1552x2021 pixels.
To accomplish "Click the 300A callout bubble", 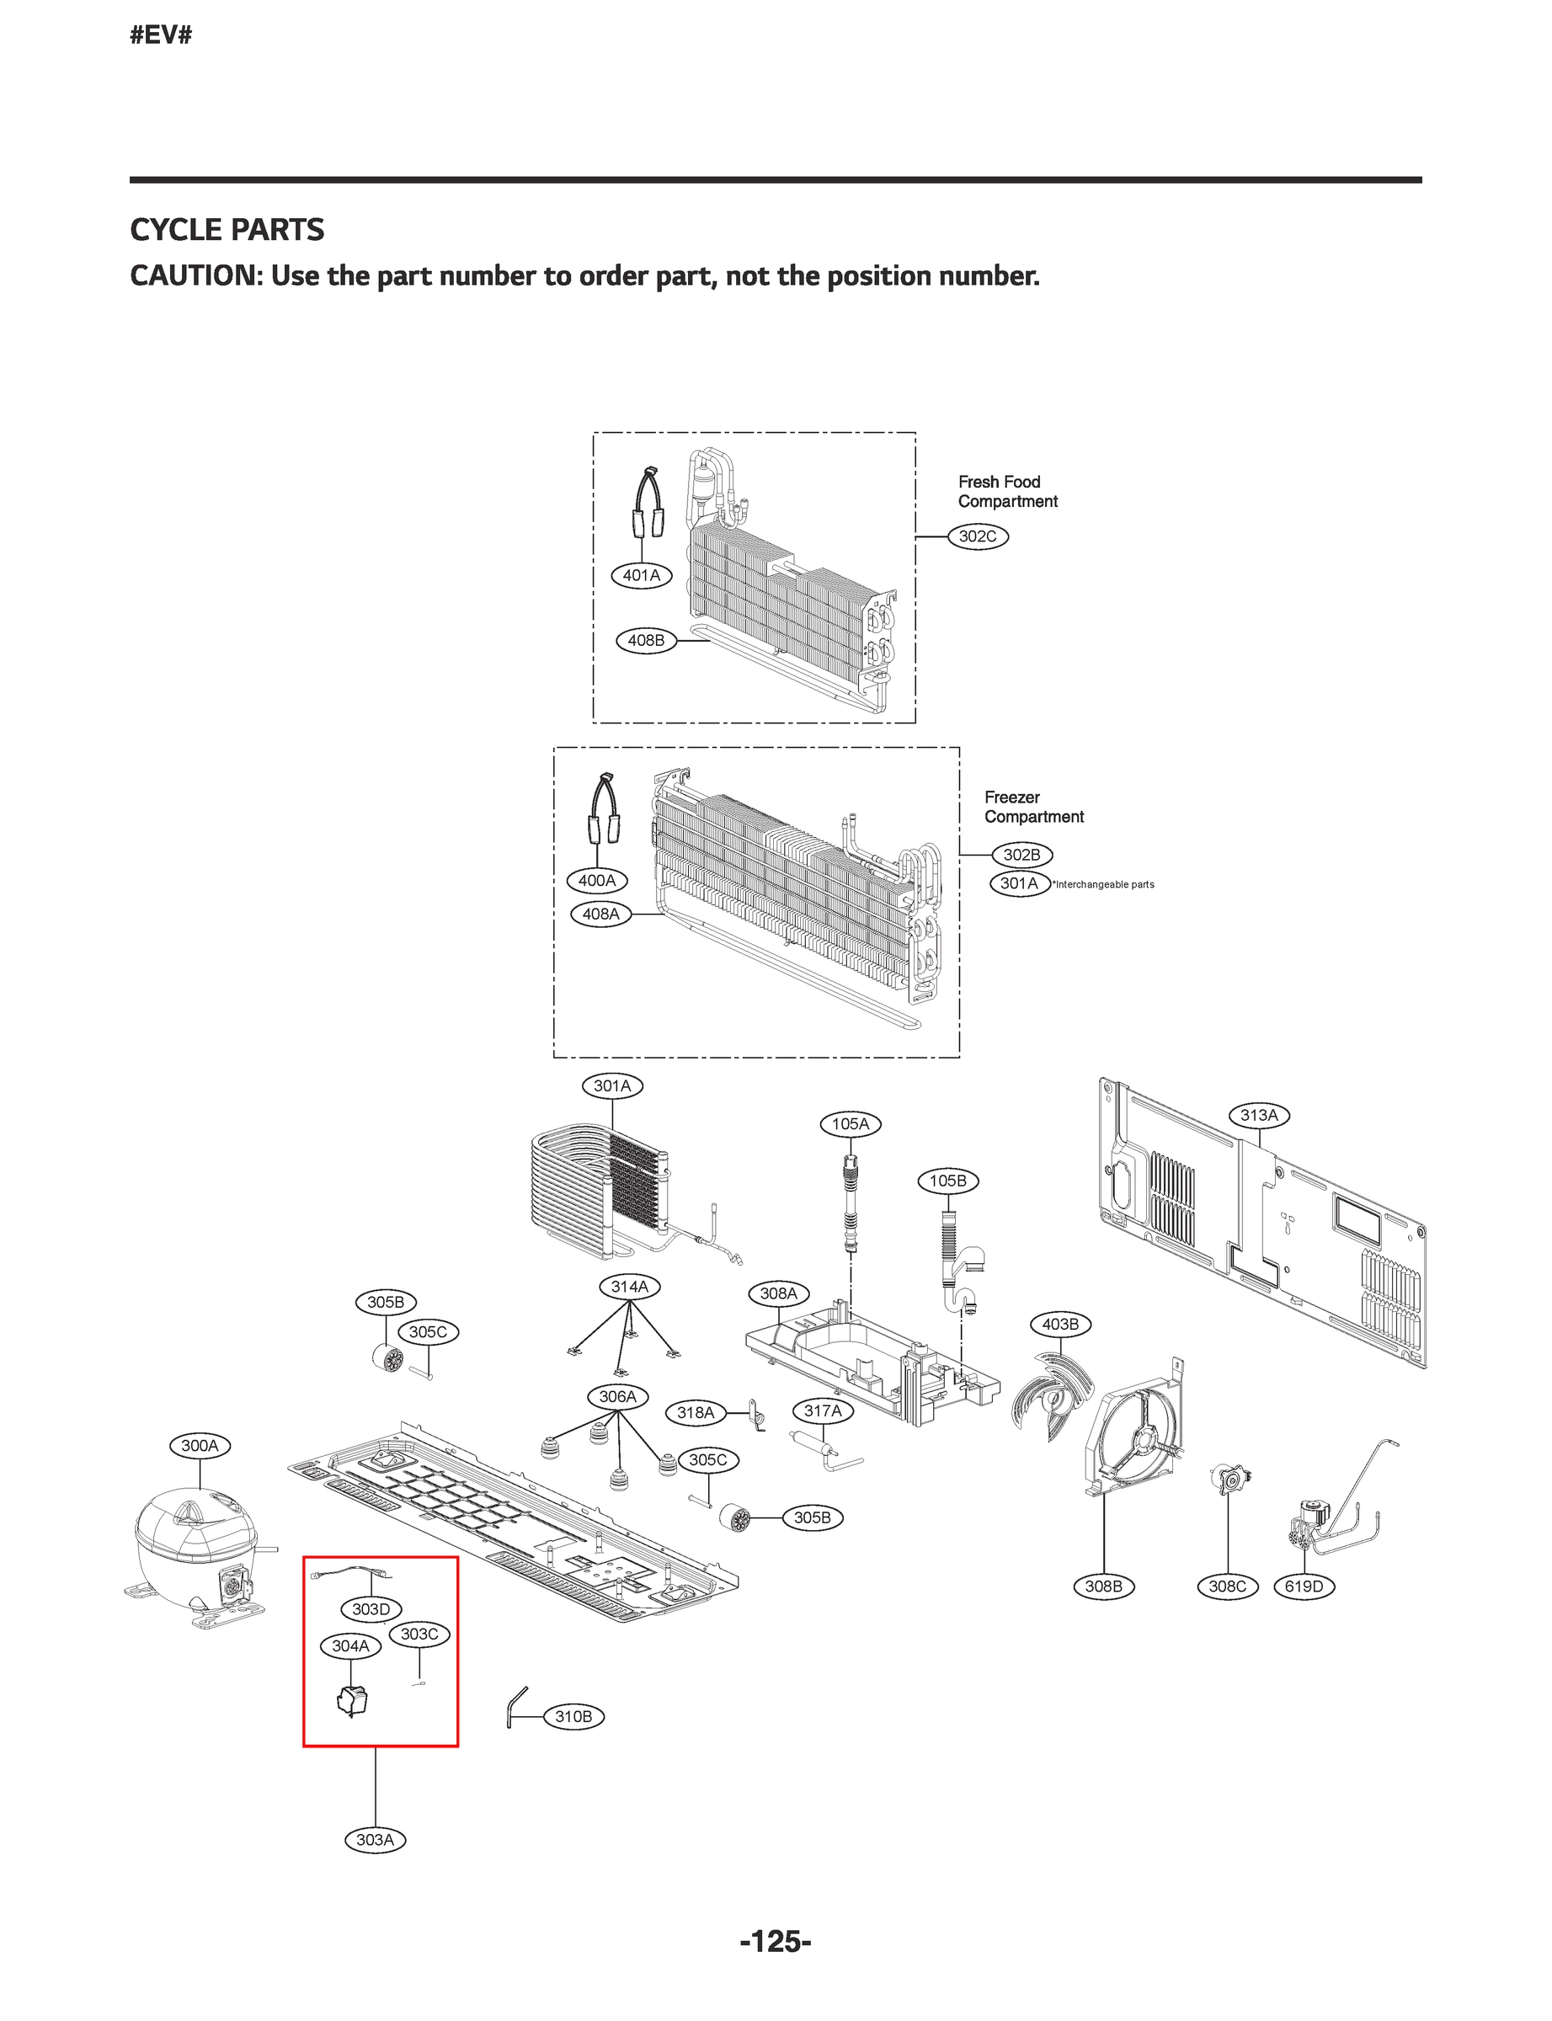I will coord(200,1446).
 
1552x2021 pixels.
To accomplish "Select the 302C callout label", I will coord(978,536).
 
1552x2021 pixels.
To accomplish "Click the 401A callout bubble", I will coord(641,574).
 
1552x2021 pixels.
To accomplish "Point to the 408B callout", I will coord(646,639).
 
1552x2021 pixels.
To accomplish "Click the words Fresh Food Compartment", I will coord(1007,492).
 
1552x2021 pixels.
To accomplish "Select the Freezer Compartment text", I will coord(1032,807).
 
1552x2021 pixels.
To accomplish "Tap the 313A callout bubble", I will coord(1258,1115).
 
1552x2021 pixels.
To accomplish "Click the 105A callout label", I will coord(850,1123).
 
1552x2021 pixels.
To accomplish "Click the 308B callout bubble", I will coord(1103,1586).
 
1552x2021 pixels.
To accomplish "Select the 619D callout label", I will coord(1304,1586).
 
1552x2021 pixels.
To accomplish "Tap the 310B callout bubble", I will coord(573,1716).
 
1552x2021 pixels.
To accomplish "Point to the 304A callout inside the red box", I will coord(350,1645).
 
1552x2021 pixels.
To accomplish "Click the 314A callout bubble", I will coord(629,1286).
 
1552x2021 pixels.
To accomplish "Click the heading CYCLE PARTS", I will coord(227,229).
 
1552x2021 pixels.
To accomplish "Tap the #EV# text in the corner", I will coord(161,35).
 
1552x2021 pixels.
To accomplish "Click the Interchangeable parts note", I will coord(1104,884).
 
